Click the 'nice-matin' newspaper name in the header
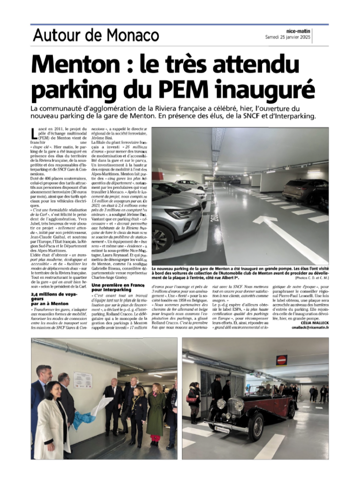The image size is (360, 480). click(298, 30)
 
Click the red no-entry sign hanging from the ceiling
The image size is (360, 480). click(281, 360)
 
